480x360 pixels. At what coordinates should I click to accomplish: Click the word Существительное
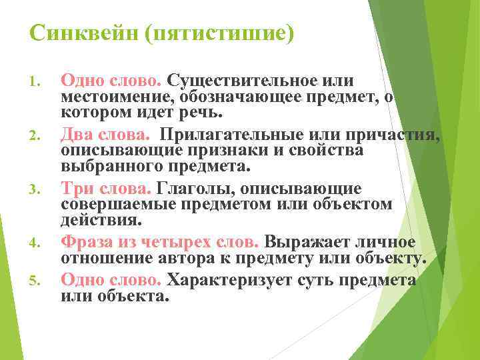pyautogui.click(x=252, y=81)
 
